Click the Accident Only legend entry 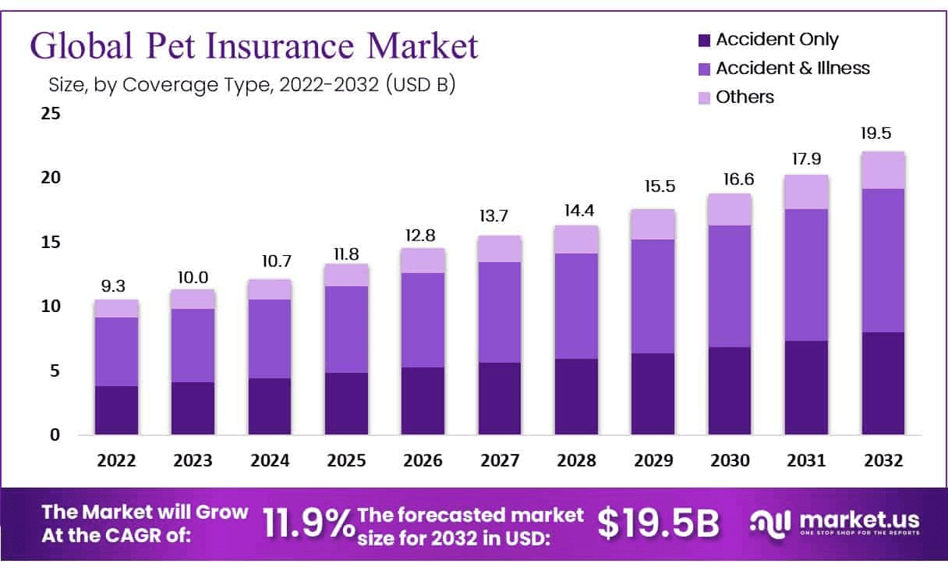point(776,39)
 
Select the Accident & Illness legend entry point(792,68)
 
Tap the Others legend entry point(745,97)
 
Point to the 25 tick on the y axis point(51,114)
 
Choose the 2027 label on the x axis point(499,460)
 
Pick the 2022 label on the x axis point(116,460)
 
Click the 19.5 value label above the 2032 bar point(883,133)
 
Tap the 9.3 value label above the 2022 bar point(116,286)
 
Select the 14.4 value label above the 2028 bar point(575,211)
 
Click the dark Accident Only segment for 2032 point(883,382)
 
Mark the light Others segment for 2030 point(729,209)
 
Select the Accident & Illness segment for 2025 point(346,329)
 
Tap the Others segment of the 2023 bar point(193,299)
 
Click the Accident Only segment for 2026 point(423,400)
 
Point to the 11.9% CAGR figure point(307,523)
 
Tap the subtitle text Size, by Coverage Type point(172,84)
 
